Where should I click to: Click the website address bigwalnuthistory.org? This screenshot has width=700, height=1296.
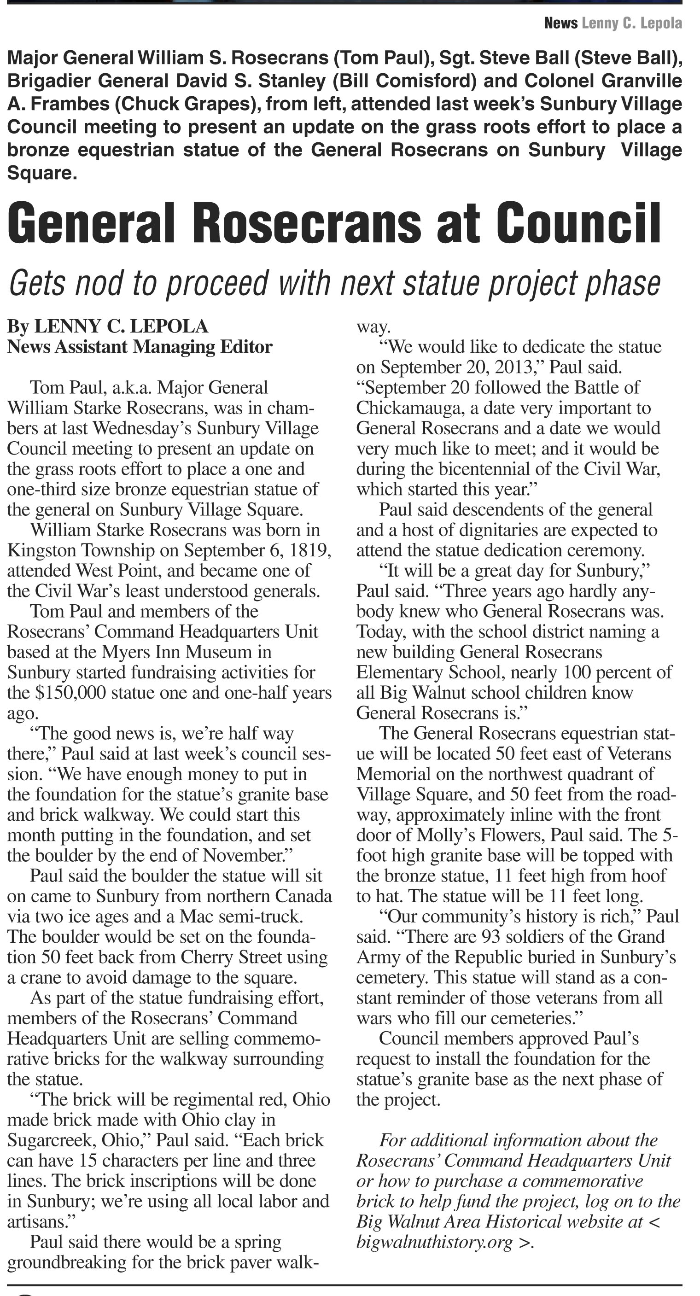[434, 1243]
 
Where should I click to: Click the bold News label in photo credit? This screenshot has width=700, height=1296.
[560, 23]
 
